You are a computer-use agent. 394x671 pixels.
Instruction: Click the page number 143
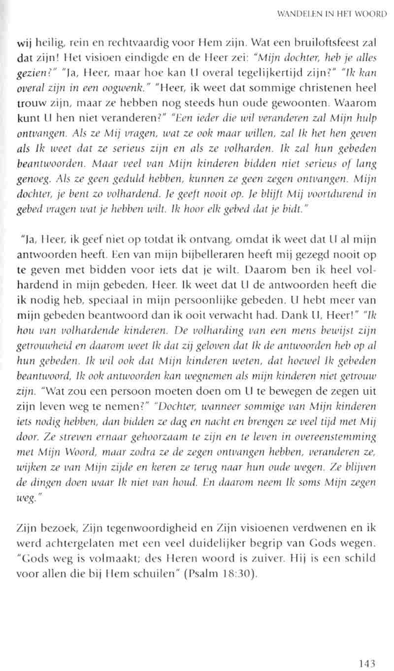367,650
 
